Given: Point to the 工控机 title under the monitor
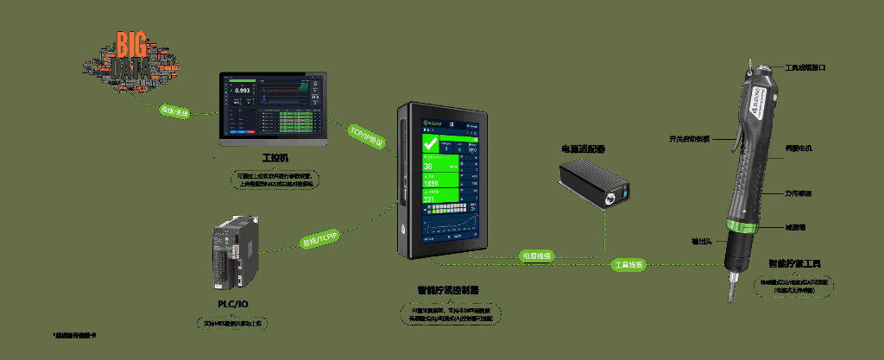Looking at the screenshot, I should (275, 159).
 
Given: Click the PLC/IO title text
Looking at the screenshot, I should (234, 304).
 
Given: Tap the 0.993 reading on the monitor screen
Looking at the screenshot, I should (243, 91).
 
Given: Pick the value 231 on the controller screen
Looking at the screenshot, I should (429, 200).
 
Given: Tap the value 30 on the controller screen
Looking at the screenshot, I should (428, 167).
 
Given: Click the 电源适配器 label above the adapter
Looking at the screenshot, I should (584, 149).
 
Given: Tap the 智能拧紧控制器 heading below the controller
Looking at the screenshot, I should (448, 290).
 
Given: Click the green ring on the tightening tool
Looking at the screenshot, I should (739, 228).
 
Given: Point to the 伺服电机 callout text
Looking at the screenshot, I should (799, 148).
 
